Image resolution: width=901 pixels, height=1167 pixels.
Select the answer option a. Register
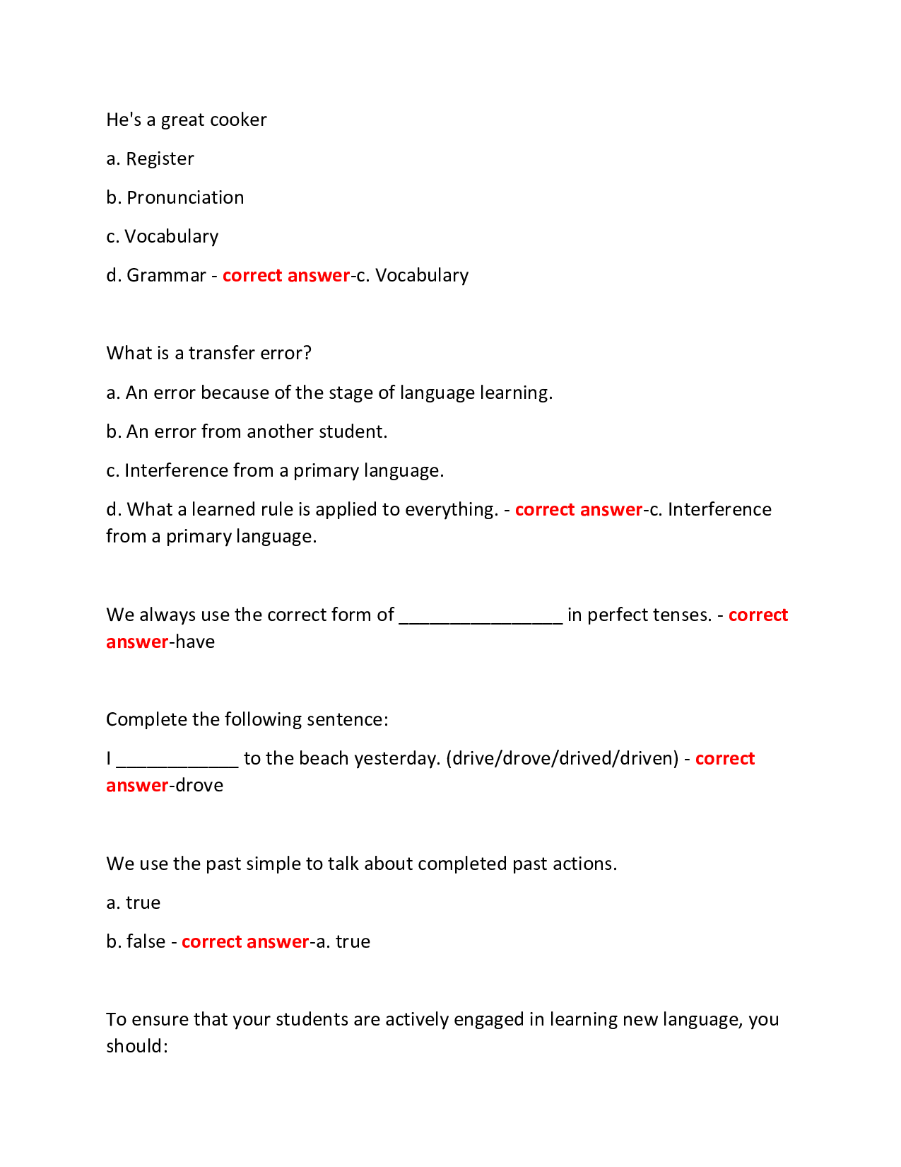pos(150,158)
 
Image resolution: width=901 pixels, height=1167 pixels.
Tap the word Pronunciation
pos(185,197)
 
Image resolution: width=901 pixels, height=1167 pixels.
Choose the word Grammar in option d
pos(166,275)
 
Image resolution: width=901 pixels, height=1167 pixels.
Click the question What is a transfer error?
pos(208,353)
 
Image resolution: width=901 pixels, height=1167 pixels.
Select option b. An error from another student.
pos(247,431)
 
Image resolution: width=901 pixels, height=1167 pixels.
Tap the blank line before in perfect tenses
pos(481,615)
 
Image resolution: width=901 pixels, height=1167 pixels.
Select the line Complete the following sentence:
pos(247,719)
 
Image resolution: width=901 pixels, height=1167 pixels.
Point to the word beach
pos(324,758)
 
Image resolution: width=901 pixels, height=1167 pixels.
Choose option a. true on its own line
pos(134,902)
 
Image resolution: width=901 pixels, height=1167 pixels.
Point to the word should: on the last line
pos(137,1046)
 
